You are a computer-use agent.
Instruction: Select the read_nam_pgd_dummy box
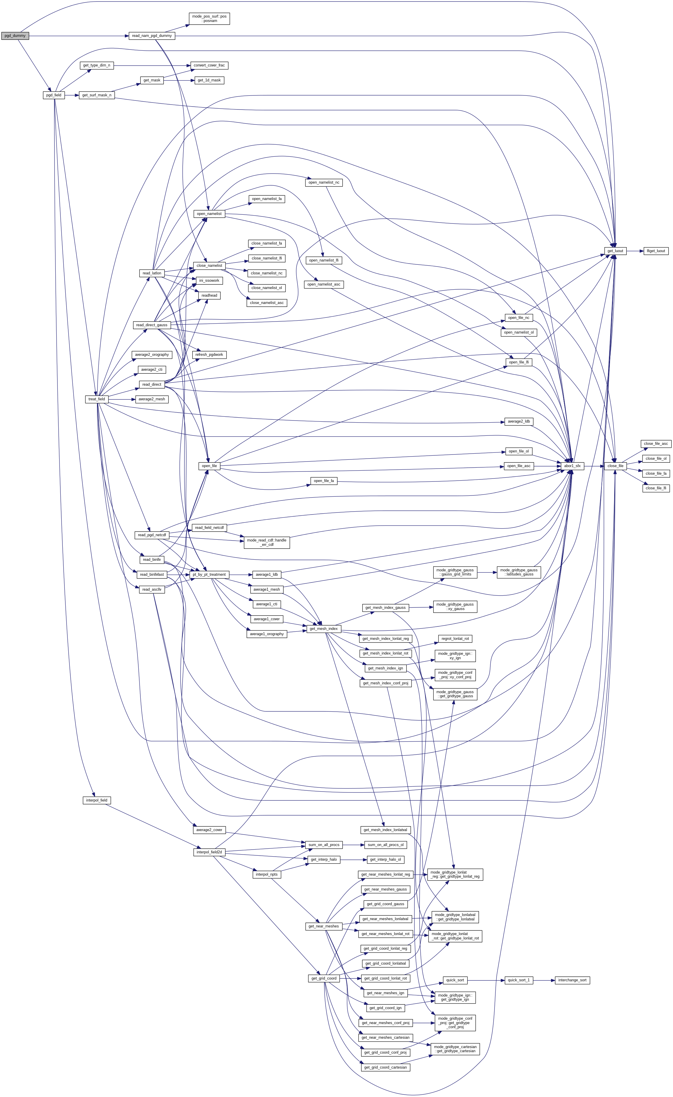[152, 36]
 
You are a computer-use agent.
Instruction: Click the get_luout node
[615, 251]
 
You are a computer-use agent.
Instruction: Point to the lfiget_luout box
[656, 251]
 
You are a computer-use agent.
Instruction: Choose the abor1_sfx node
[572, 466]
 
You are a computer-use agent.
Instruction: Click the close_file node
[615, 466]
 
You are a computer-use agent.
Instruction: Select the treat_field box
[97, 399]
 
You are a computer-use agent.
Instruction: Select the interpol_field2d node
[209, 852]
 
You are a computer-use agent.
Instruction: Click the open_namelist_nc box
[324, 182]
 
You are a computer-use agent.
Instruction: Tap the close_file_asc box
[656, 444]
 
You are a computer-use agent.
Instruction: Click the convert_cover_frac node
[209, 65]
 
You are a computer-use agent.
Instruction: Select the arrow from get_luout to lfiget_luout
[634, 251]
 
